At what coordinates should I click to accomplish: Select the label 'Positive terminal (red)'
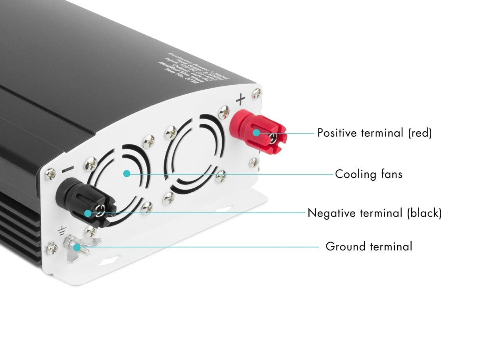374,133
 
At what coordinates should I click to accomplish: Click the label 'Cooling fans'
368,174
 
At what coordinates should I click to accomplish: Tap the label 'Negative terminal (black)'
374,213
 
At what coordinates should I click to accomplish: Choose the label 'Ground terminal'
368,246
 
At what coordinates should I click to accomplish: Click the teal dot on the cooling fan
127,174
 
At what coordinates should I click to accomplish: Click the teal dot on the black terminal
88,213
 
